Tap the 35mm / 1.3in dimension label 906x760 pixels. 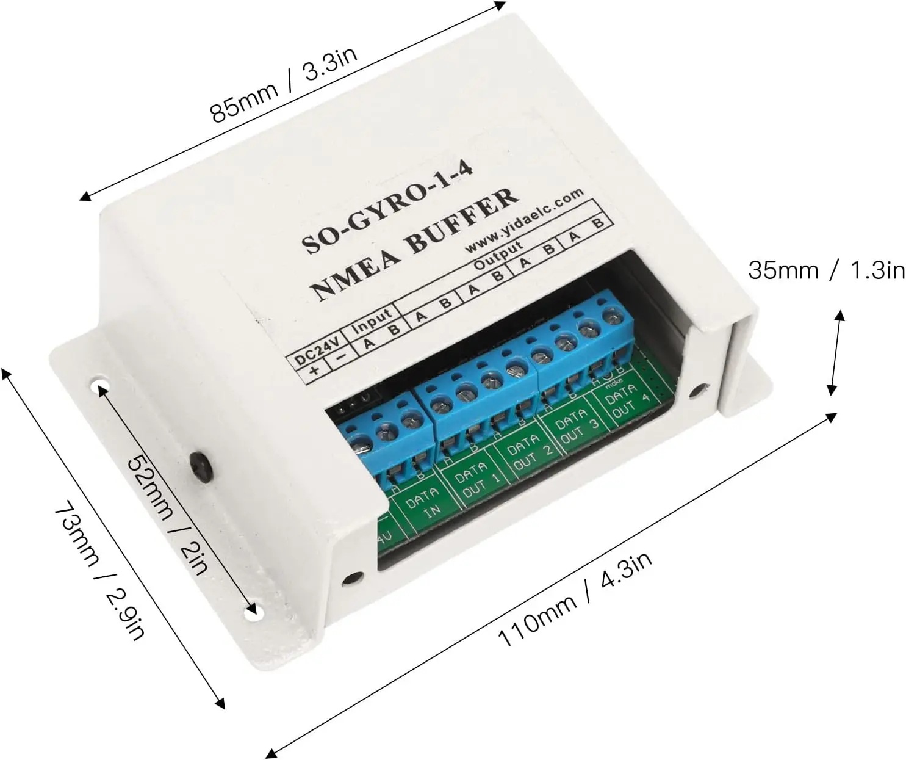pos(827,269)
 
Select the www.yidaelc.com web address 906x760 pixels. pos(524,220)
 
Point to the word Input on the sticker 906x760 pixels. pos(372,320)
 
